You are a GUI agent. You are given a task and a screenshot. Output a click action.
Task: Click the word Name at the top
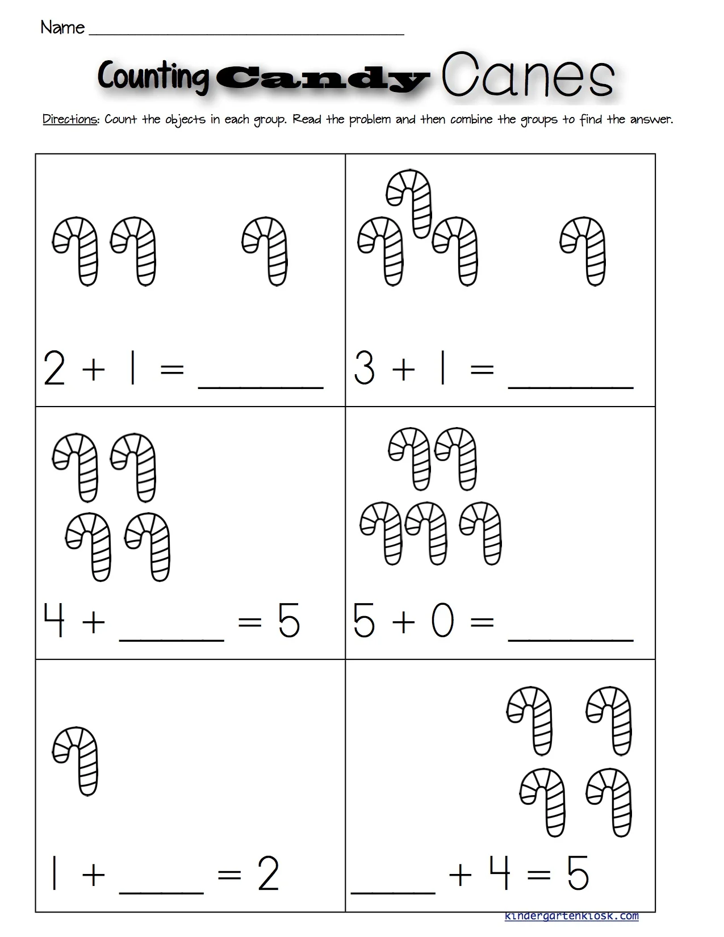point(62,27)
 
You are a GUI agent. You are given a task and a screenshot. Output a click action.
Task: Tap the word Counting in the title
point(153,77)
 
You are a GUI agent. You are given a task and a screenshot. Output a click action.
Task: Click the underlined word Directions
point(70,120)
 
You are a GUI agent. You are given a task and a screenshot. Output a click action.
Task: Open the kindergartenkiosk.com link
point(571,916)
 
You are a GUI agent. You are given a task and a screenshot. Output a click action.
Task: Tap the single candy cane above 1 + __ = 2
point(76,761)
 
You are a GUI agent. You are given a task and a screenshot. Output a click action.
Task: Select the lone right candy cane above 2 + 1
point(265,250)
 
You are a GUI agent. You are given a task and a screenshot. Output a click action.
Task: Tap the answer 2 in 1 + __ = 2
point(268,875)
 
